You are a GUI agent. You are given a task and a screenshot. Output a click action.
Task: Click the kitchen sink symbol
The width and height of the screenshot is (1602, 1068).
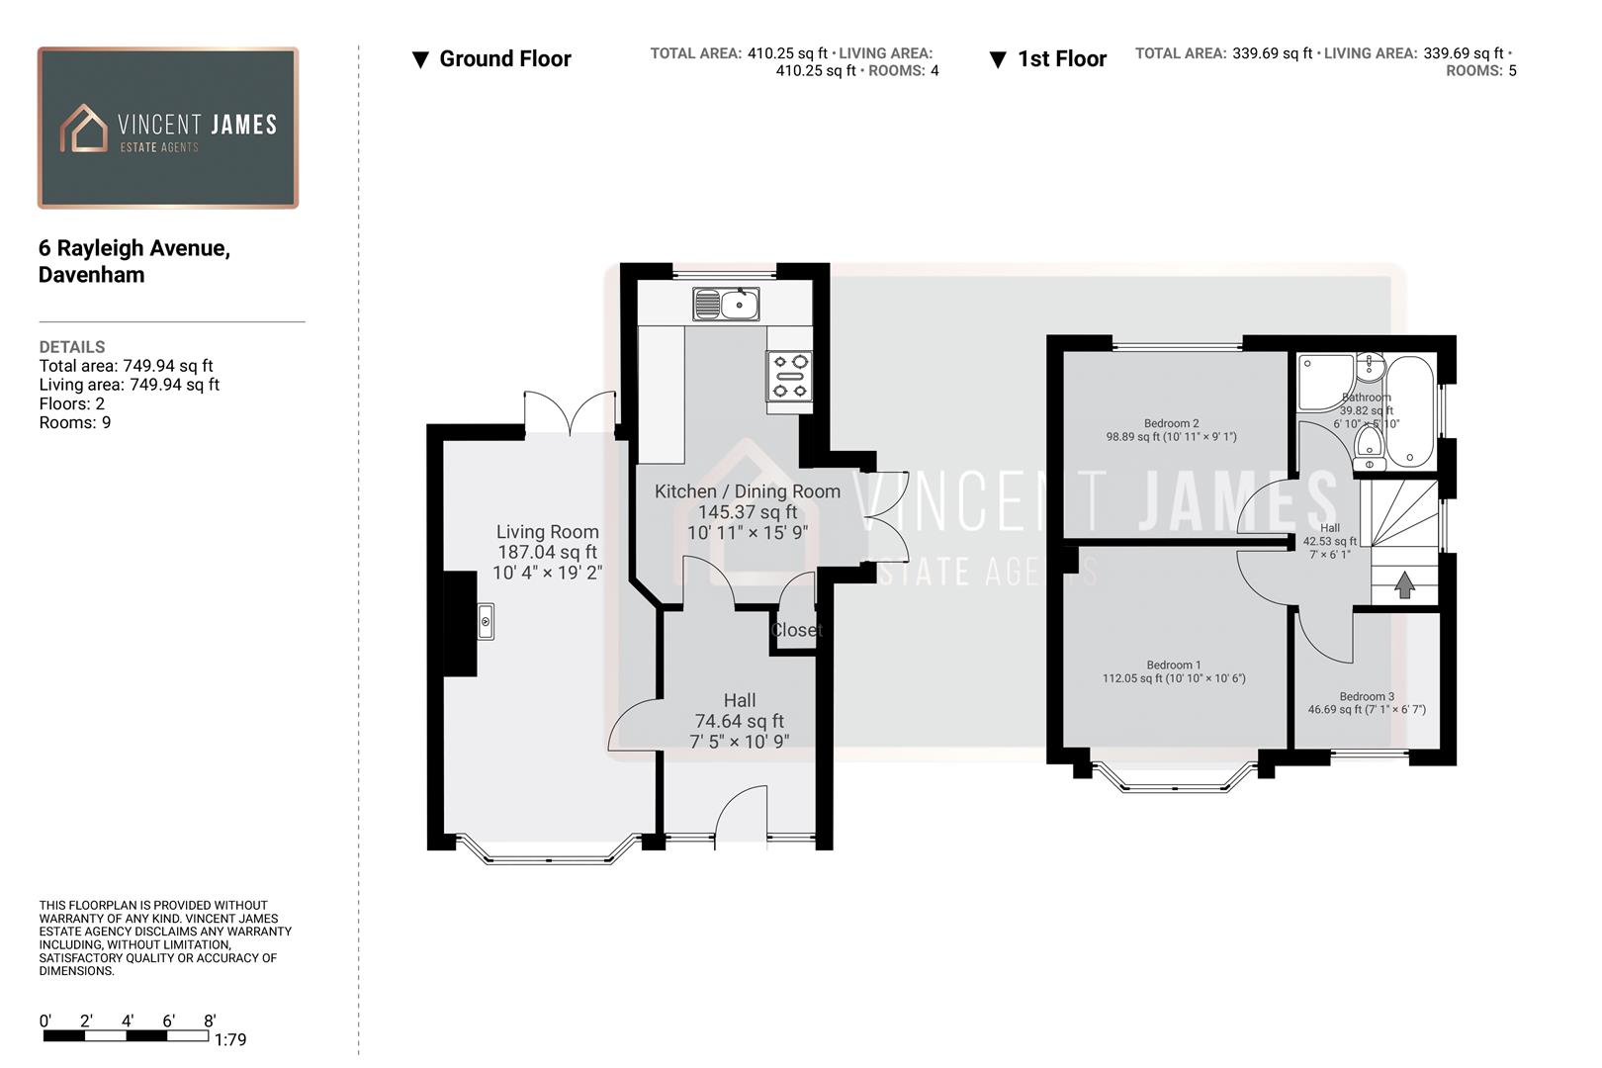(x=726, y=304)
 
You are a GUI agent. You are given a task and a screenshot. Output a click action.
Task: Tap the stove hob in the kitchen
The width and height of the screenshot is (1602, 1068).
(x=789, y=376)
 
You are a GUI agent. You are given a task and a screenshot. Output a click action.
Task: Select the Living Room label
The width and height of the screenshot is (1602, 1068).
(x=547, y=532)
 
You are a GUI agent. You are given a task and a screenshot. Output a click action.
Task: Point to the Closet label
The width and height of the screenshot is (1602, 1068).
(x=796, y=630)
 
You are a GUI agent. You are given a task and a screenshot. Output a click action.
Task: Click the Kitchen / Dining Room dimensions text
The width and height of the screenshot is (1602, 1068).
(x=748, y=533)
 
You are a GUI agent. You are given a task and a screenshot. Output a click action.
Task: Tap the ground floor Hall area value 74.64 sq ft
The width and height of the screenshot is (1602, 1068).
(x=739, y=721)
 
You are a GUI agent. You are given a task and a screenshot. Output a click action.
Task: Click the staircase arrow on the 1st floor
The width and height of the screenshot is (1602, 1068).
(x=1404, y=585)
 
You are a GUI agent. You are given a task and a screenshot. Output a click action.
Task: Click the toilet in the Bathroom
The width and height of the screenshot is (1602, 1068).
(x=1370, y=442)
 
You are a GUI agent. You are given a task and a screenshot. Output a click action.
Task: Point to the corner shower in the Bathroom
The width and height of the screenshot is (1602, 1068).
(x=1323, y=381)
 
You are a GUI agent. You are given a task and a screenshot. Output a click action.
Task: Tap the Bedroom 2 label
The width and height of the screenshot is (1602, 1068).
(x=1171, y=423)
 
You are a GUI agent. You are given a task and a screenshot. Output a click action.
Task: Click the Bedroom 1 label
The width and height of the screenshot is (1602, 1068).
(x=1174, y=666)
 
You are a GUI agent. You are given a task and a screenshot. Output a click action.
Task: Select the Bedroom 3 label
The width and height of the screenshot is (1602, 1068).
(x=1367, y=697)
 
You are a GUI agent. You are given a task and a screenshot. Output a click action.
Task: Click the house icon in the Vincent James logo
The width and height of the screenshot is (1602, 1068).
(x=84, y=129)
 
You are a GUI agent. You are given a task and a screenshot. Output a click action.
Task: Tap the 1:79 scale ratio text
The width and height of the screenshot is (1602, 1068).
(x=230, y=1039)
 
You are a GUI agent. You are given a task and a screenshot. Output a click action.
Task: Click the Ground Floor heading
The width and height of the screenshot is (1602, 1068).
(x=504, y=59)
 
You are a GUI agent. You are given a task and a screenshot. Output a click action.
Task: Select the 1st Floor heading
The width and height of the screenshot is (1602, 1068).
(x=1061, y=59)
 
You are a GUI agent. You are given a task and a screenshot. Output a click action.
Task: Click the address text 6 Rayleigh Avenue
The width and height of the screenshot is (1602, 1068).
(x=134, y=248)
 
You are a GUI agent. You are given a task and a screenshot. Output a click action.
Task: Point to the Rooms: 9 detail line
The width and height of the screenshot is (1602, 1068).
(x=75, y=423)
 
